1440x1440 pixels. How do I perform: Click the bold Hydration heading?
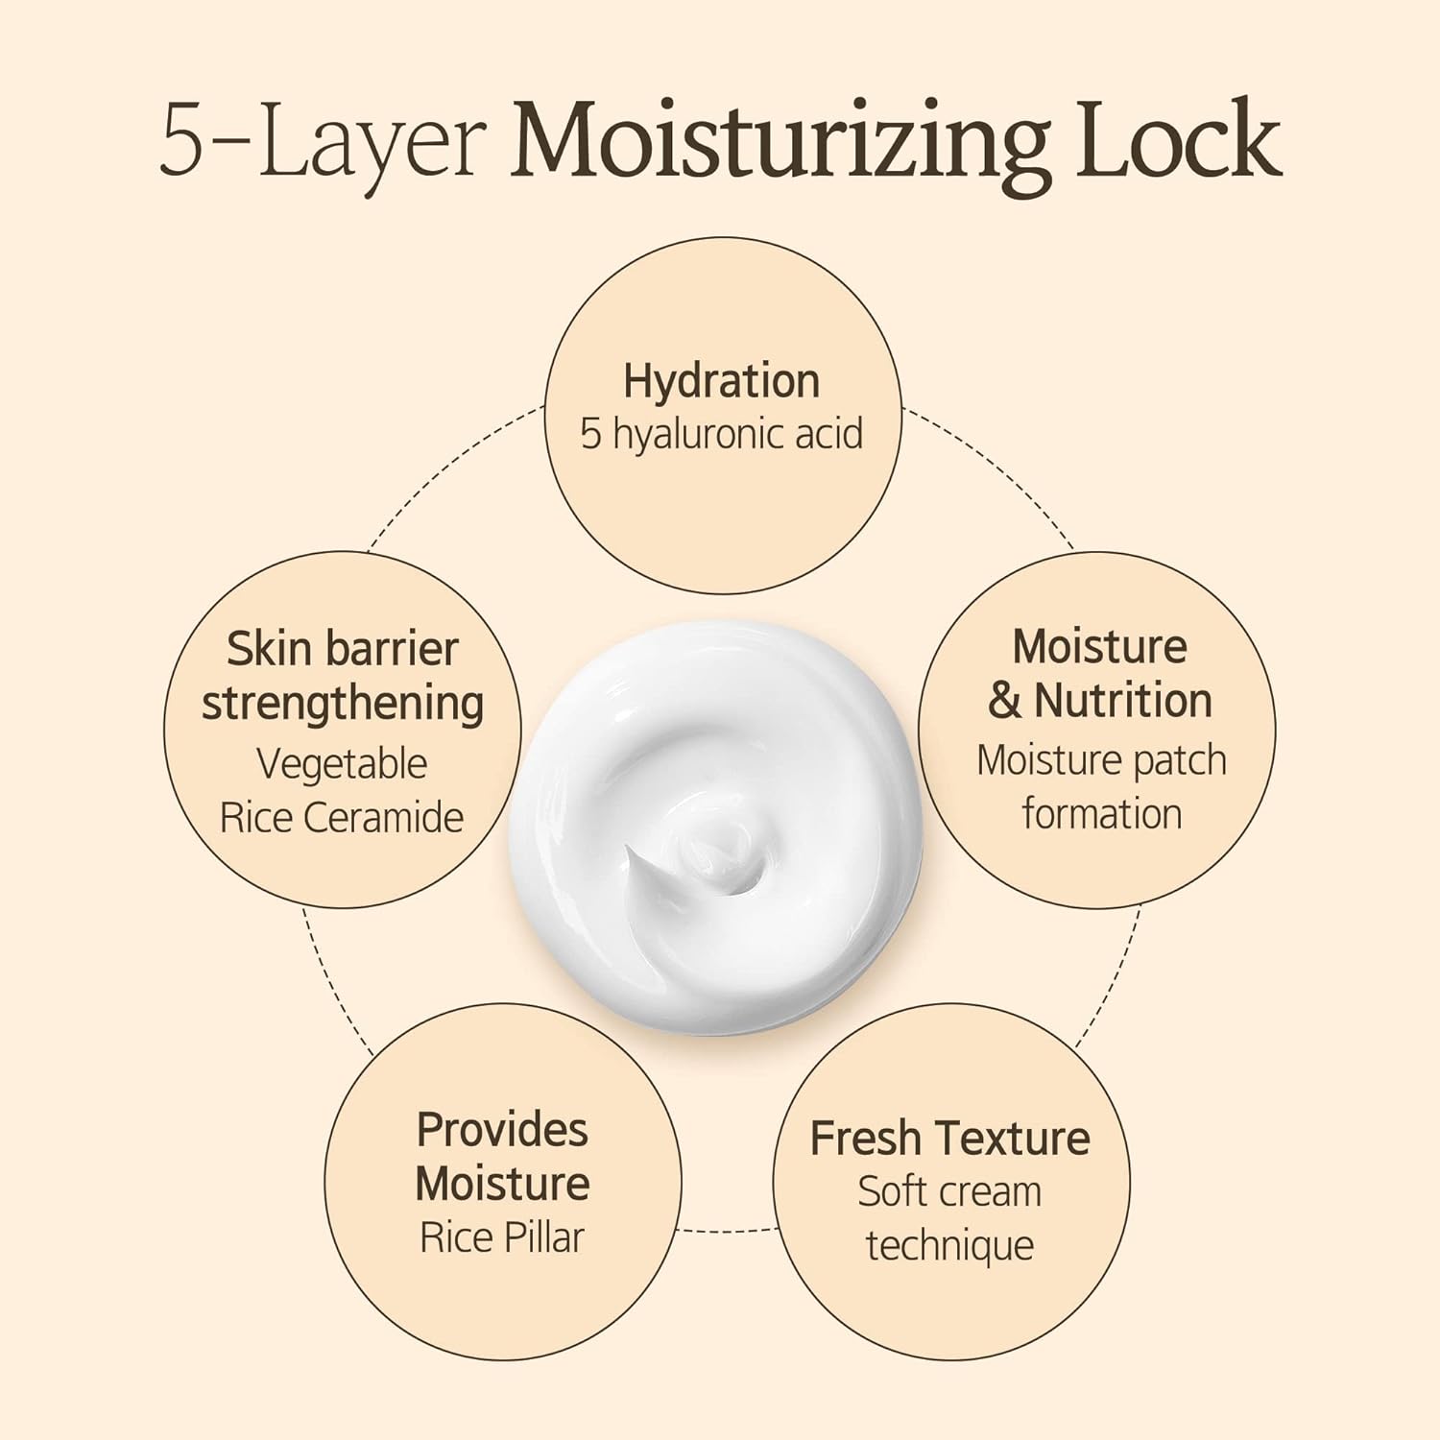pyautogui.click(x=721, y=381)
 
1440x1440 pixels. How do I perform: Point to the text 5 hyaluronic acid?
pyautogui.click(x=721, y=434)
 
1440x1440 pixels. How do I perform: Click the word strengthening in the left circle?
pyautogui.click(x=343, y=704)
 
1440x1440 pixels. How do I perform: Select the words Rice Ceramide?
pyautogui.click(x=342, y=818)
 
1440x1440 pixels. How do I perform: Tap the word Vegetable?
pyautogui.click(x=342, y=764)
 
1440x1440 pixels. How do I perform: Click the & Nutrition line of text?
pyautogui.click(x=1100, y=701)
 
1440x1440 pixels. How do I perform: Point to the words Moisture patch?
pyautogui.click(x=1101, y=760)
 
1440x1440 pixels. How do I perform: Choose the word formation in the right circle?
pyautogui.click(x=1101, y=814)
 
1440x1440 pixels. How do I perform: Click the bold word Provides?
pyautogui.click(x=502, y=1130)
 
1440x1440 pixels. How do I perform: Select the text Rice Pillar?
pyautogui.click(x=502, y=1237)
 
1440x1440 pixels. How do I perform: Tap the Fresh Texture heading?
pyautogui.click(x=949, y=1139)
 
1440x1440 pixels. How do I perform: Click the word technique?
pyautogui.click(x=949, y=1246)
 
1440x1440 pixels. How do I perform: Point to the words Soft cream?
pyautogui.click(x=949, y=1192)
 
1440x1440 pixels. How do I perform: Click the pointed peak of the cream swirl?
pyautogui.click(x=630, y=851)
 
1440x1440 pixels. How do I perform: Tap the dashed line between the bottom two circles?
pyautogui.click(x=727, y=1230)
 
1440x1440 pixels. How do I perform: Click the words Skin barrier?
pyautogui.click(x=342, y=650)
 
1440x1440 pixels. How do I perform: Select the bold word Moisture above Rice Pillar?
pyautogui.click(x=502, y=1184)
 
